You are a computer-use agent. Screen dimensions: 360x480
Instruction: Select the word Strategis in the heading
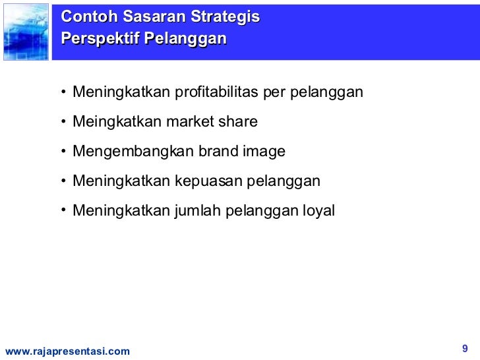[x=225, y=17]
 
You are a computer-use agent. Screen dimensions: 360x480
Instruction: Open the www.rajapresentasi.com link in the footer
[x=67, y=352]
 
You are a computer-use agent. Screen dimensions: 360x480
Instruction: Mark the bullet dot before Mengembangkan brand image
[x=63, y=152]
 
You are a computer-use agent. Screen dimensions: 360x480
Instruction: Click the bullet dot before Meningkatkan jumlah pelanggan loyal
[x=63, y=211]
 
